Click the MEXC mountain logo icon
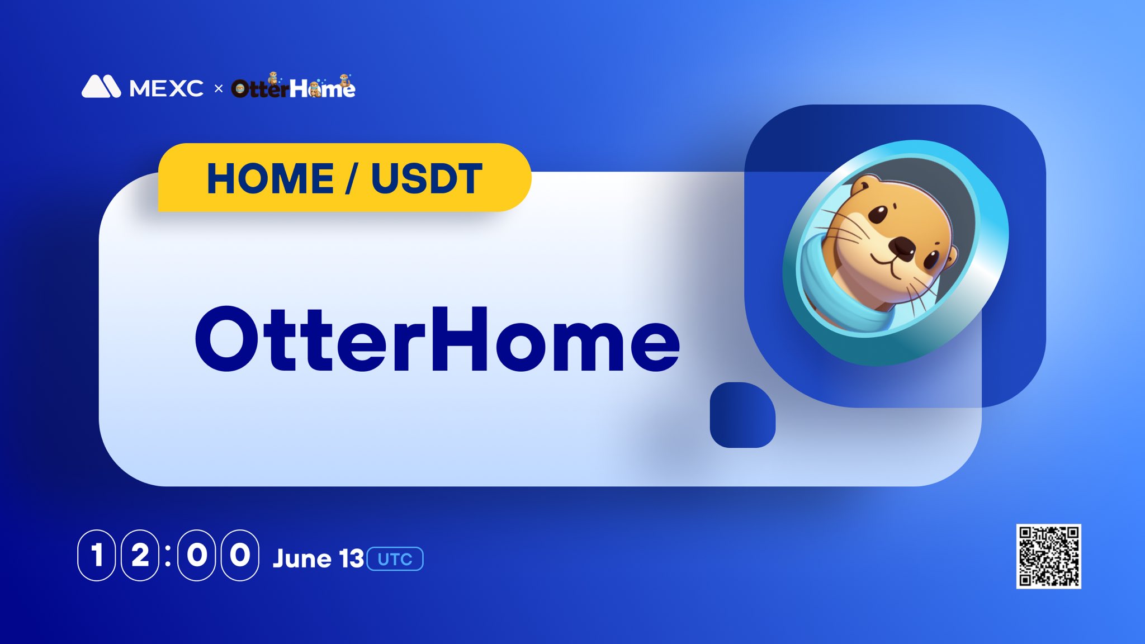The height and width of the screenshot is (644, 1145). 101,86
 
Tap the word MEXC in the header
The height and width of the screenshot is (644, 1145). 167,88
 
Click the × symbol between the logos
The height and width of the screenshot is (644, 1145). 219,88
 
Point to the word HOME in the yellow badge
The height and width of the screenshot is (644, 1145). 271,179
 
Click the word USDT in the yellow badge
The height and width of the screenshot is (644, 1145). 427,179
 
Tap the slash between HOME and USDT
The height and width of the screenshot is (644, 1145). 352,179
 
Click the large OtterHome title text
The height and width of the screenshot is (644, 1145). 437,339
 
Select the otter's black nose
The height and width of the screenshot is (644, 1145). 902,246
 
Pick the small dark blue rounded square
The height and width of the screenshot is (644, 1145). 742,415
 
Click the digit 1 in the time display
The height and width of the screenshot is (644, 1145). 97,555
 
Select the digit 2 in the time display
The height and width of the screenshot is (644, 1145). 140,555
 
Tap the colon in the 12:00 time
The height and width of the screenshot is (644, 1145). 168,555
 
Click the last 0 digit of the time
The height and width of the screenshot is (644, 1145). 240,555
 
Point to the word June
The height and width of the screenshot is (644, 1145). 302,558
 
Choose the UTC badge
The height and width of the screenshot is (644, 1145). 395,559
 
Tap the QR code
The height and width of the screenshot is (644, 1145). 1048,556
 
